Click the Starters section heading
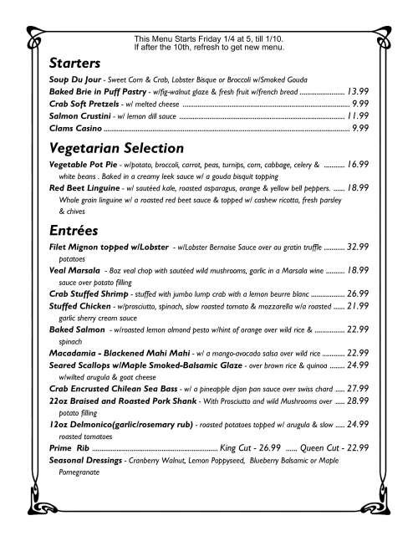point(75,64)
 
